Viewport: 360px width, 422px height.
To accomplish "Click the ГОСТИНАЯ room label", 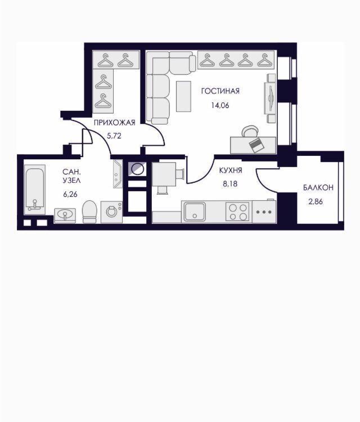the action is [220, 91].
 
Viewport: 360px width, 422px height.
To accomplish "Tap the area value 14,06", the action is [220, 106].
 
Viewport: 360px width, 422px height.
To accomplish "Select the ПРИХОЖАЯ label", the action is [114, 123].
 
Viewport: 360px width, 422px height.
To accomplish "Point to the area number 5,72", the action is [114, 136].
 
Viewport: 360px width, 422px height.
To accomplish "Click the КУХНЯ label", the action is [231, 170].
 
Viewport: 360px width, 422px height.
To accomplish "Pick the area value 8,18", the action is [230, 184].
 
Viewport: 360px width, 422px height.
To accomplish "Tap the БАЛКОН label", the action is [318, 187].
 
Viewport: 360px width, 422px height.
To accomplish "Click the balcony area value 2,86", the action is [316, 201].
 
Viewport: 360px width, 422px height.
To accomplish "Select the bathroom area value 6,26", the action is [70, 194].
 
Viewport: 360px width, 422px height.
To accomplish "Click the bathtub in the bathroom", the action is [35, 190].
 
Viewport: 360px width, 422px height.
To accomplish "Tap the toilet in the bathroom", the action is [89, 212].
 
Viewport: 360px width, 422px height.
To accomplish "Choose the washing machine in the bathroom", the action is [111, 212].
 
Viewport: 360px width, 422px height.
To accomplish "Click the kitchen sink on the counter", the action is [195, 212].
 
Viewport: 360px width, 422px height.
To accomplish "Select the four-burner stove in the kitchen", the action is [237, 212].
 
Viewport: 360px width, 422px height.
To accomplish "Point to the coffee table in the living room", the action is [183, 96].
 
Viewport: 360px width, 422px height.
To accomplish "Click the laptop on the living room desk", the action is [256, 145].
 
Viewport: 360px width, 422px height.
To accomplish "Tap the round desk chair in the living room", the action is [250, 132].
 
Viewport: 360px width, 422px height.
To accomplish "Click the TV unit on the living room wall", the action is [271, 98].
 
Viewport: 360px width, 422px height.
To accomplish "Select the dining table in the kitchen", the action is [164, 174].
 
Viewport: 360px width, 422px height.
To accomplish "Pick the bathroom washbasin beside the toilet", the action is [65, 216].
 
